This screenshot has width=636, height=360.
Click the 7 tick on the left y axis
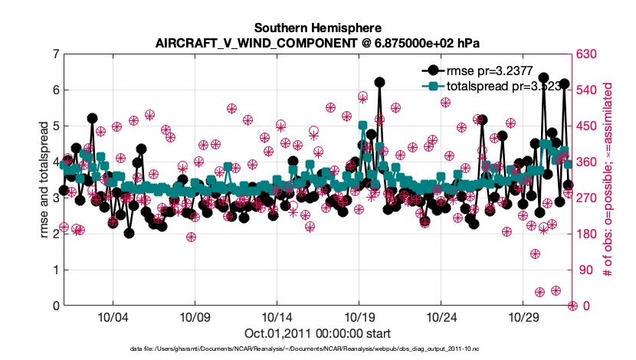tap(55, 54)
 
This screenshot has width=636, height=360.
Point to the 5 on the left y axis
tap(55, 126)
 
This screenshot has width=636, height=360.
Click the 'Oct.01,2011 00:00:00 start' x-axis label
tap(317, 333)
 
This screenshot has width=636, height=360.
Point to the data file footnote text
tap(317, 349)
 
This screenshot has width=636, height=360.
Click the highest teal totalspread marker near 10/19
tap(362, 126)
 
